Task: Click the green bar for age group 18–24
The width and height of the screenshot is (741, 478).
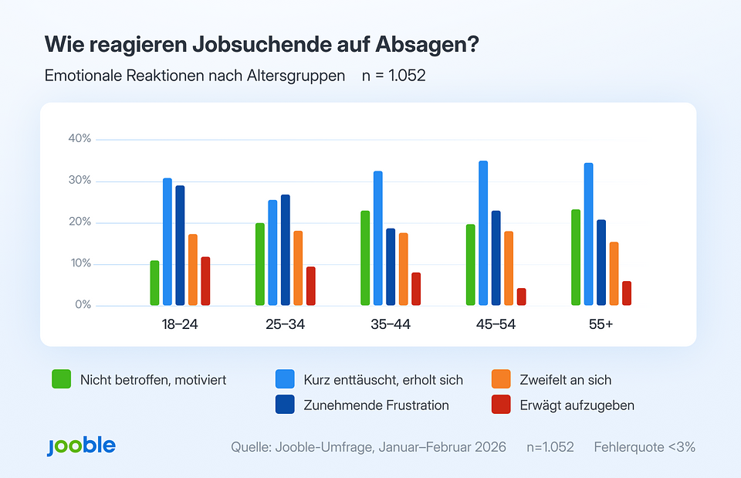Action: coord(154,283)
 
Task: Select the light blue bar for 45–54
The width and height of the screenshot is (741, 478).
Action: coord(483,233)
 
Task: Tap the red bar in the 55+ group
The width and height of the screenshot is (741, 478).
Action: coord(626,293)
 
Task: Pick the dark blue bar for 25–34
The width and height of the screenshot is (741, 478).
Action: coord(286,250)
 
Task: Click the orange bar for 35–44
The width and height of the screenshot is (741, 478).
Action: coord(403,269)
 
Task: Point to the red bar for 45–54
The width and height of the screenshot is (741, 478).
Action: coord(521,297)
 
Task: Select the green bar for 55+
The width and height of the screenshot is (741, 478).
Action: coord(576,257)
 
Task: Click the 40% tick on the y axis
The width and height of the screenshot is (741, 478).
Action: coord(80,139)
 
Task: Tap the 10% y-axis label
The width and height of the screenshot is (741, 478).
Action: coord(80,264)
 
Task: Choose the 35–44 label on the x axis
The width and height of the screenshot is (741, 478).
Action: coord(391,324)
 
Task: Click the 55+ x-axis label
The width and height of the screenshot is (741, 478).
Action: coord(601,324)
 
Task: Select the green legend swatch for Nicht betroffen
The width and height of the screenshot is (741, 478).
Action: coord(62,380)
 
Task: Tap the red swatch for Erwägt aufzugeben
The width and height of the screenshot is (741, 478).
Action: coord(501,405)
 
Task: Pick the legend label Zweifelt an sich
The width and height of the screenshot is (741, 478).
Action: coord(567,380)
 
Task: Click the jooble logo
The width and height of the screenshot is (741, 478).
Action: coord(81,446)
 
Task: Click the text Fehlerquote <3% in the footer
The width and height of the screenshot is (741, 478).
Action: coord(645,447)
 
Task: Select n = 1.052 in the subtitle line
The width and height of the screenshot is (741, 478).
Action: coord(394,76)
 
